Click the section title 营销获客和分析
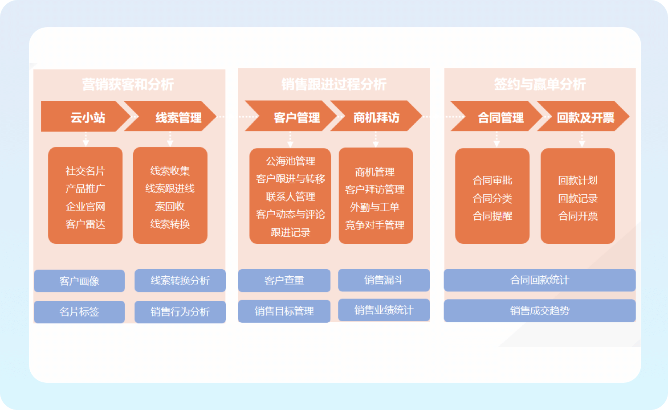(128, 84)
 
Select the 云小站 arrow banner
(87, 117)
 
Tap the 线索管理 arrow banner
(178, 117)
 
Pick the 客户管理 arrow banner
(297, 117)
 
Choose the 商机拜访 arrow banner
(376, 117)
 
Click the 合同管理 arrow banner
(501, 117)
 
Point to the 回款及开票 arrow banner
(585, 117)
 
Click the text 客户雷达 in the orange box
(85, 224)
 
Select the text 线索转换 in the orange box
(170, 224)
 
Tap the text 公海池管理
(290, 161)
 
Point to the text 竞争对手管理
(375, 225)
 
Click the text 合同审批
(492, 180)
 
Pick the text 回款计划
(578, 180)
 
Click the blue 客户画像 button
(79, 281)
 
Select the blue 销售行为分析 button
(180, 312)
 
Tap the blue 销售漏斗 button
(384, 280)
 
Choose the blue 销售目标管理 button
(284, 311)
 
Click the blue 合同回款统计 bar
(539, 280)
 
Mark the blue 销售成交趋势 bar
(539, 311)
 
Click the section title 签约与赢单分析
(540, 84)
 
